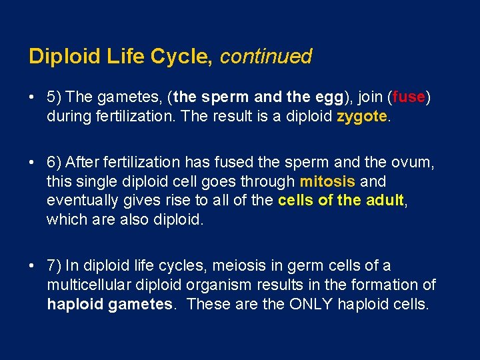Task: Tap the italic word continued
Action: click(265, 57)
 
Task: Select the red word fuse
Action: click(409, 97)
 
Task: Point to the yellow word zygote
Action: click(361, 117)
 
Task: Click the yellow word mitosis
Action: click(328, 181)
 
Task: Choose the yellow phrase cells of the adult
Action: click(341, 201)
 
